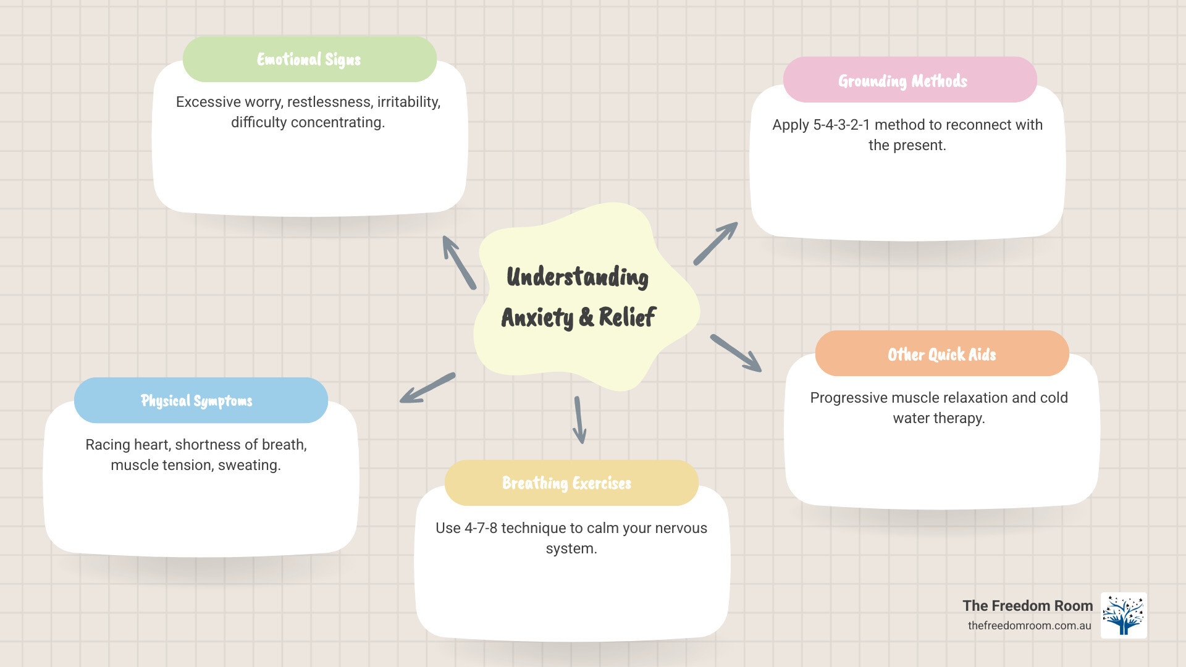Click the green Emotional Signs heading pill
coord(309,59)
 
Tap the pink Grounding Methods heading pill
coord(909,80)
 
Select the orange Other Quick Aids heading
coord(941,354)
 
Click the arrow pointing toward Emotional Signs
coord(458,262)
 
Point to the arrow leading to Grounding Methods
coord(715,243)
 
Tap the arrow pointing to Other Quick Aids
coord(736,353)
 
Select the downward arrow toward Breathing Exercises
coord(579,420)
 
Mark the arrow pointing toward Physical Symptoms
coord(427,388)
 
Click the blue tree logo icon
coord(1124,615)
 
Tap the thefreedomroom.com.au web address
coord(1029,626)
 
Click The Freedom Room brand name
coord(1027,606)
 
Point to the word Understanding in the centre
coord(578,277)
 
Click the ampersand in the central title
coord(586,317)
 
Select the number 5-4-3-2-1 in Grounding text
coord(841,125)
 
